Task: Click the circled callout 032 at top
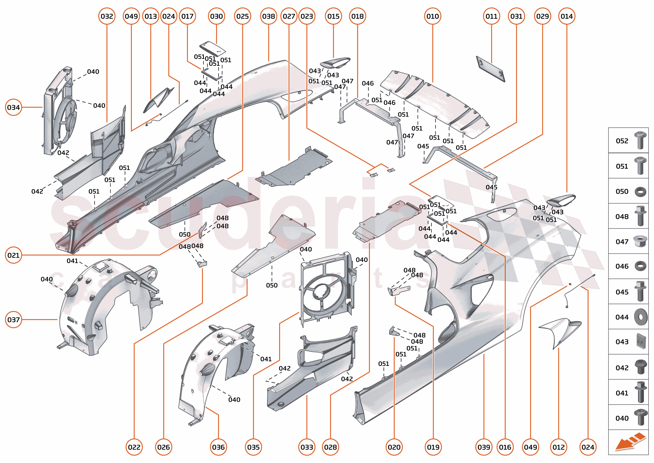[x=107, y=16]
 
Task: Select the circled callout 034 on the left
[x=13, y=107]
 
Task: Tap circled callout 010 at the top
[x=433, y=16]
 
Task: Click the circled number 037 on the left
[x=13, y=320]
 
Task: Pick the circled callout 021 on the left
[x=13, y=255]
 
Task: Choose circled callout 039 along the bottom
[x=484, y=447]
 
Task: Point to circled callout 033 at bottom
[x=307, y=447]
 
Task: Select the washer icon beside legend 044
[x=641, y=317]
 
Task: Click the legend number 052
[x=622, y=141]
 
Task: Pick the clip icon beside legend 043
[x=641, y=341]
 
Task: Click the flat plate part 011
[x=490, y=69]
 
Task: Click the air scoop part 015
[x=335, y=63]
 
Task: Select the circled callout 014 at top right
[x=567, y=16]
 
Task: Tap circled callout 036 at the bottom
[x=218, y=447]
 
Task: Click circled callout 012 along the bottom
[x=559, y=447]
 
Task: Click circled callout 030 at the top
[x=216, y=16]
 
